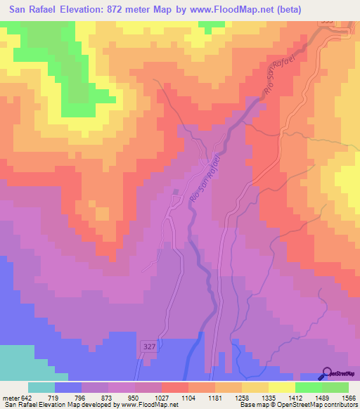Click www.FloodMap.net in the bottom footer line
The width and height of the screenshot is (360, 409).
click(147, 405)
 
